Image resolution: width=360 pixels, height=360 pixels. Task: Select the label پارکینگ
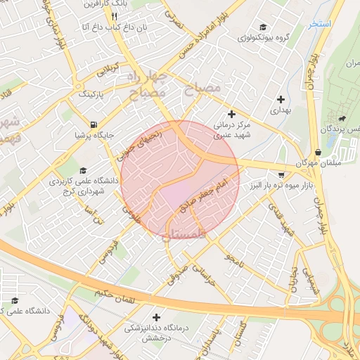pos(90,93)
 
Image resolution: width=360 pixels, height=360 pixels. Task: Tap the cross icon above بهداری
pos(281,100)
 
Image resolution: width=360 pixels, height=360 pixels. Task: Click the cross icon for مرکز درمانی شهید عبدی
pos(231,114)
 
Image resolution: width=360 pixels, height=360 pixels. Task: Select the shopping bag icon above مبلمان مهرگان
pos(319,152)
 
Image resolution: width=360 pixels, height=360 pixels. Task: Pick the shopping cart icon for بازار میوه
pos(282,174)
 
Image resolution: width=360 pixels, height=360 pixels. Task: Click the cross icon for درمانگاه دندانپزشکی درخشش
pos(156,317)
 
